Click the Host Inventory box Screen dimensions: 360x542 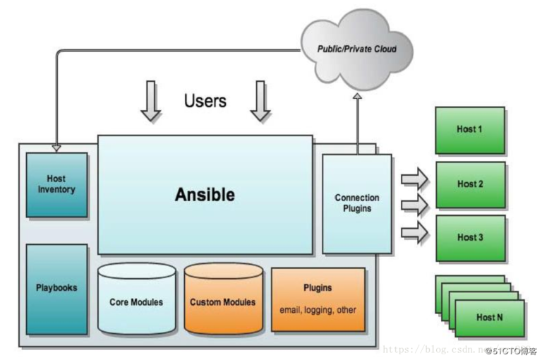click(56, 184)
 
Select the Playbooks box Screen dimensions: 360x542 click(56, 288)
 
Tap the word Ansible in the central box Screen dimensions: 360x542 click(205, 195)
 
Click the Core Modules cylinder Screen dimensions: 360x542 click(136, 301)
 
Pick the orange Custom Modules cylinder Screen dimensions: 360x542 click(223, 301)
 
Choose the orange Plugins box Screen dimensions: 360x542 click(318, 298)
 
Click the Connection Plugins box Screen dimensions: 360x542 click(356, 203)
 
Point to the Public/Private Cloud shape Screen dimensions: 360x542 click(356, 49)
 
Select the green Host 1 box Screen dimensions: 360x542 click(470, 130)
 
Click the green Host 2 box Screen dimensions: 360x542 click(470, 184)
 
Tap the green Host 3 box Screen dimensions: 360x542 click(470, 238)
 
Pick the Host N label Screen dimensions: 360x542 click(490, 318)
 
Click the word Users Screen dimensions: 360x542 click(205, 101)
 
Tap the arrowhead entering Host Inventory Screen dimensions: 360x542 click(56, 148)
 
